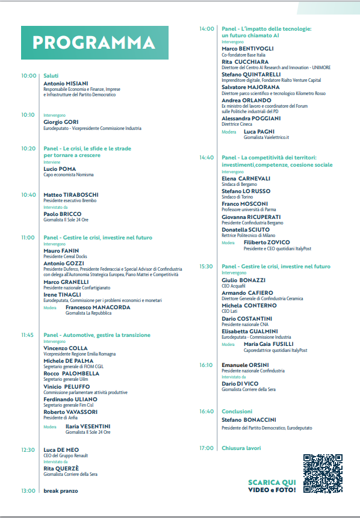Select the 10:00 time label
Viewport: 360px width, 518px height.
tap(28, 76)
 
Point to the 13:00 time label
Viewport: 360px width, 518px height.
tap(28, 491)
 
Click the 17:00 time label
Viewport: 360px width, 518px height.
tap(206, 448)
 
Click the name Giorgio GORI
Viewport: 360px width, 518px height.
tap(61, 122)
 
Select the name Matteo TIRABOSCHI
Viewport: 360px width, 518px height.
tap(71, 195)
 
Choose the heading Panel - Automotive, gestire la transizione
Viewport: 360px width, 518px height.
tap(97, 335)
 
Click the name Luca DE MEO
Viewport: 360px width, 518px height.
tap(63, 449)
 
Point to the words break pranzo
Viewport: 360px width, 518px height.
tap(61, 491)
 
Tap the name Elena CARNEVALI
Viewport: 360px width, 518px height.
tap(246, 179)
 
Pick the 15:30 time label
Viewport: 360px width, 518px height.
tap(206, 266)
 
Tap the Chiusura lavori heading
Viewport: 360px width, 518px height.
tap(241, 448)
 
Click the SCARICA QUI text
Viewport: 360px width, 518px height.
tap(272, 483)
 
